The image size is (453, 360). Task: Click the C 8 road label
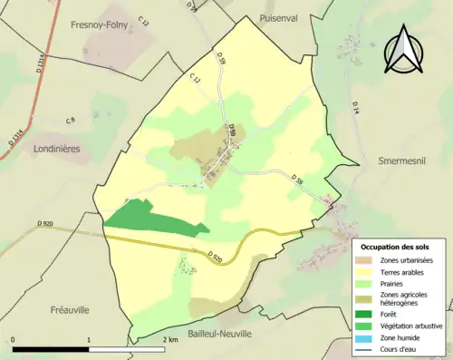click(x=71, y=120)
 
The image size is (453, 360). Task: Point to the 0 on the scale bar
click(x=14, y=339)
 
